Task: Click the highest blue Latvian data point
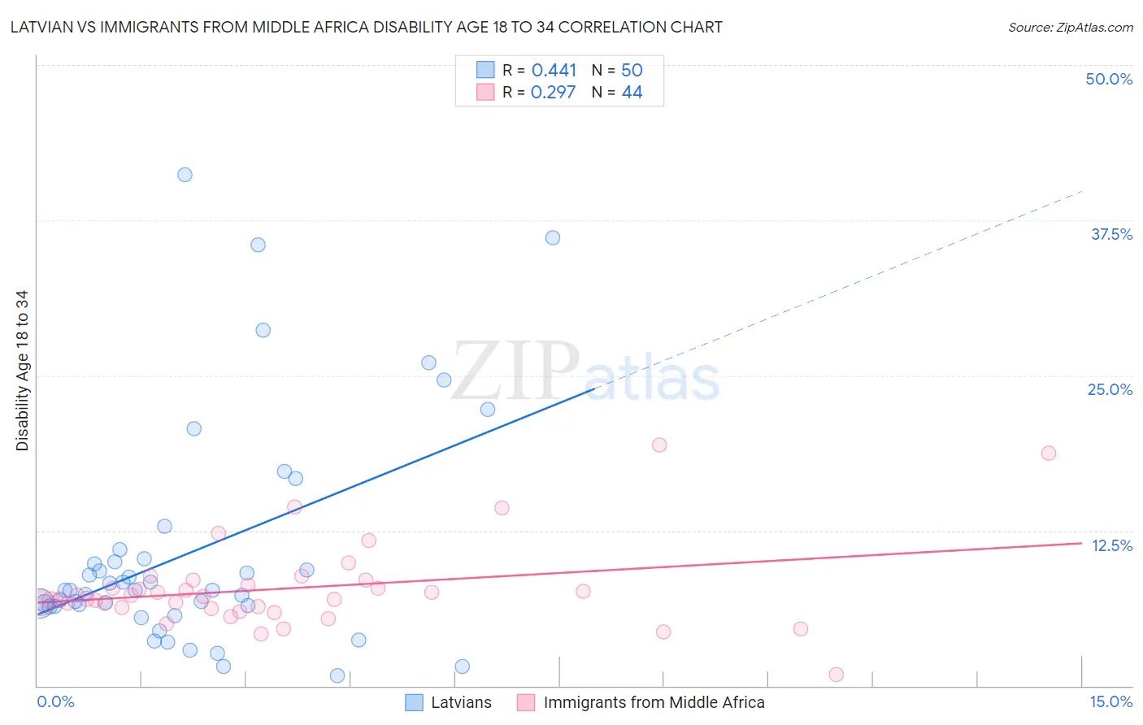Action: coord(185,175)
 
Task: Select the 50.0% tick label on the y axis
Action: coord(1109,79)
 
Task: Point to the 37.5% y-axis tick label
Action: coord(1111,234)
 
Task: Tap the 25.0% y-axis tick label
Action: coord(1110,389)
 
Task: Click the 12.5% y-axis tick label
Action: coord(1111,545)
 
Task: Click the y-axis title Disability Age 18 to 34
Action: coord(22,371)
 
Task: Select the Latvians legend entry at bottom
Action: coord(461,702)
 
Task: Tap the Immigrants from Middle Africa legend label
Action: coord(654,702)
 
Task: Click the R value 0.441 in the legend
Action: coord(554,71)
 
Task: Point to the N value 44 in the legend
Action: coord(632,93)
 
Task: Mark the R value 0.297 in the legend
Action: coord(553,93)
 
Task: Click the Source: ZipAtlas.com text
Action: coord(1070,28)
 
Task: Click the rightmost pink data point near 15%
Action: coord(1048,453)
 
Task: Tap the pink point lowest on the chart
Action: coord(836,675)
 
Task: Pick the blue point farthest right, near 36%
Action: coord(552,237)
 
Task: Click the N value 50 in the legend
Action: coord(632,71)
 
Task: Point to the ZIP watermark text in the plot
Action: coord(515,371)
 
